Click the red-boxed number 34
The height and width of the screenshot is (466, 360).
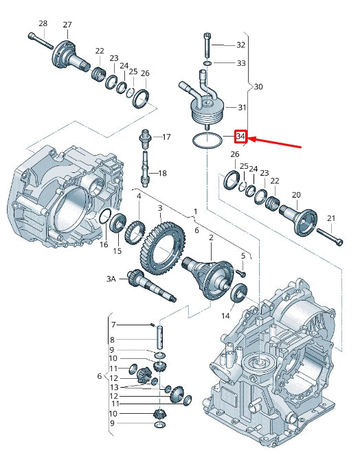click(240, 137)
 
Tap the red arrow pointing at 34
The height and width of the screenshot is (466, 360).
click(275, 142)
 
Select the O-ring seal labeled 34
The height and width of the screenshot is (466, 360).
click(207, 140)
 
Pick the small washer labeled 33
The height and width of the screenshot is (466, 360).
click(208, 63)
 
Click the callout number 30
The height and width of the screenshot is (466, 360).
click(258, 86)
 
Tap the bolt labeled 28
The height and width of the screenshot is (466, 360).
click(41, 40)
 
